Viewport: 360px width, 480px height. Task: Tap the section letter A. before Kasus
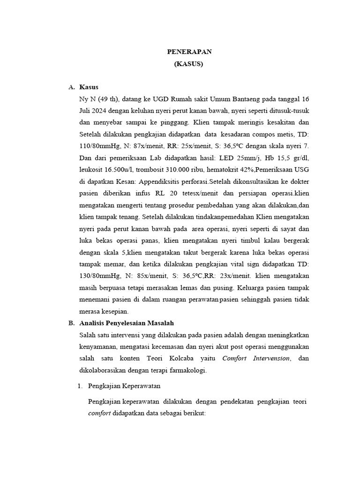[x=71, y=87]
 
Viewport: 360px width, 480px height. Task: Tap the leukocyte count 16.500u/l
[x=100, y=170]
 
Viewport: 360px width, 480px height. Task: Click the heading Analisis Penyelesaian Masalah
[x=127, y=323]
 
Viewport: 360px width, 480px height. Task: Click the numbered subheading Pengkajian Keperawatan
[x=125, y=386]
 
